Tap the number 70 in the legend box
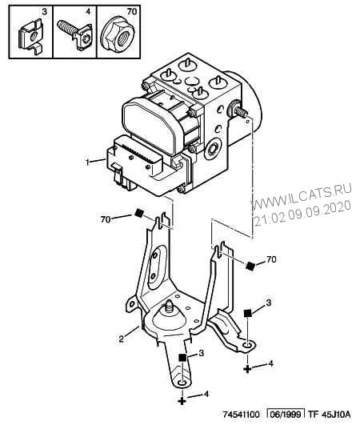(x=132, y=12)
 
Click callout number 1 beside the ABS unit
(x=87, y=162)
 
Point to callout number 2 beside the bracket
(x=122, y=339)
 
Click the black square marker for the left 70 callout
(x=139, y=214)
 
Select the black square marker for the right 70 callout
(x=250, y=266)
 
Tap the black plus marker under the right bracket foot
(x=247, y=368)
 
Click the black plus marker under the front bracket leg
(x=182, y=400)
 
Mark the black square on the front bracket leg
(x=182, y=357)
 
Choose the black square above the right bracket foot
(x=247, y=313)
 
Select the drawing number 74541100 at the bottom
(x=242, y=415)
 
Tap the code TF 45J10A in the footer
(x=329, y=414)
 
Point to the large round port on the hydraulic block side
(x=213, y=148)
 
